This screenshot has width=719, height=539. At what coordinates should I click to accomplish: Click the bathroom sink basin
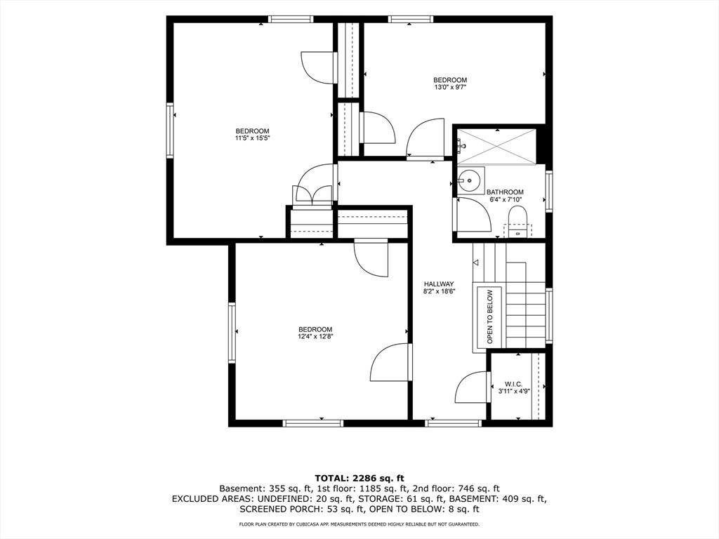click(x=470, y=180)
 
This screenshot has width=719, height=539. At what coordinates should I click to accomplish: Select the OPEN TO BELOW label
click(x=489, y=317)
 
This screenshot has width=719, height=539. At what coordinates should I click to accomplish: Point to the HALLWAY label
click(x=439, y=284)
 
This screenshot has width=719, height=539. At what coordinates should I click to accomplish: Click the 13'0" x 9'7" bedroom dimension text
click(x=450, y=86)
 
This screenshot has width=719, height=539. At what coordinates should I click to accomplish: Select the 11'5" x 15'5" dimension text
click(x=252, y=138)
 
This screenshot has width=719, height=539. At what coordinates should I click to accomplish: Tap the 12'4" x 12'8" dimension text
click(x=315, y=336)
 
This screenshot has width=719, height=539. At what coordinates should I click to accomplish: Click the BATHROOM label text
click(x=505, y=192)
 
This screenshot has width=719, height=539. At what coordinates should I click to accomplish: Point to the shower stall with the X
click(x=496, y=146)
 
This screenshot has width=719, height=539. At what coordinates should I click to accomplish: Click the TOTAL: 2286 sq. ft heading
click(x=359, y=479)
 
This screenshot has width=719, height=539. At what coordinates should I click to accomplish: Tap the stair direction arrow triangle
click(x=475, y=262)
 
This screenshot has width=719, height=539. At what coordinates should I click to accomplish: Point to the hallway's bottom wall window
click(x=453, y=423)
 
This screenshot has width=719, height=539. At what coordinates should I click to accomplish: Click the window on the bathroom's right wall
click(x=549, y=191)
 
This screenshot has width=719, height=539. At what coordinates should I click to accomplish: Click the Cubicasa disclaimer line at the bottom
click(x=359, y=524)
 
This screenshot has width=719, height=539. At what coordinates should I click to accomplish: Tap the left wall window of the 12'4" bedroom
click(x=232, y=333)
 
